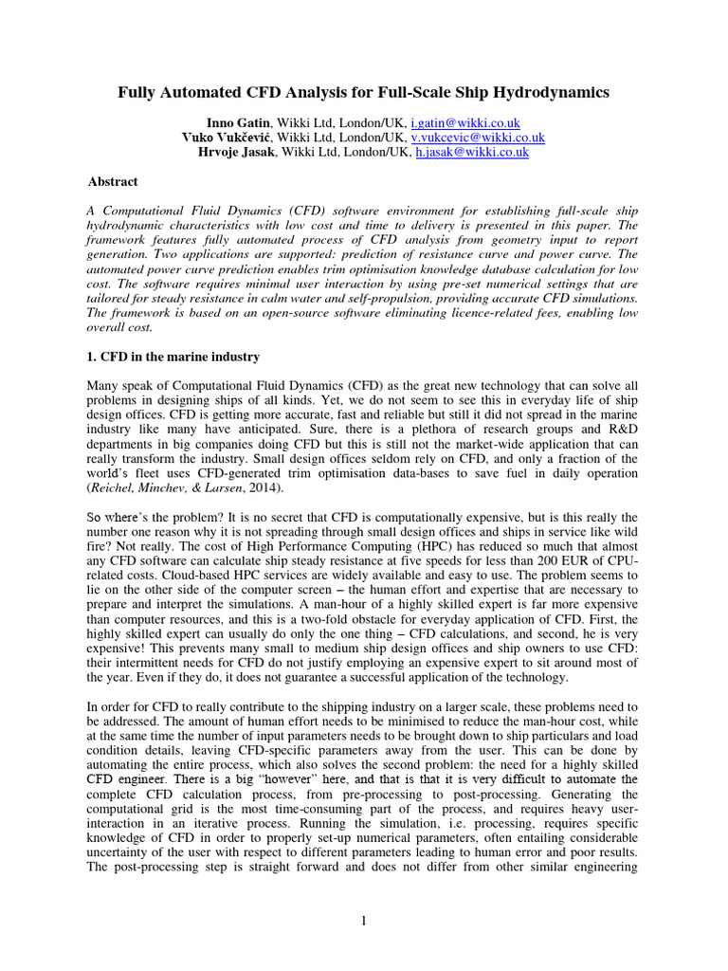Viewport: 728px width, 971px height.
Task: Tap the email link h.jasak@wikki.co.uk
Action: click(472, 152)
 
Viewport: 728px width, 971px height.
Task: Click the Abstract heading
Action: click(113, 181)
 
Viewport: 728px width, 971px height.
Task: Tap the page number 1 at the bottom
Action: click(364, 919)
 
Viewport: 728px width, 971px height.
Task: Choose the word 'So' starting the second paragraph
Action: click(95, 517)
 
